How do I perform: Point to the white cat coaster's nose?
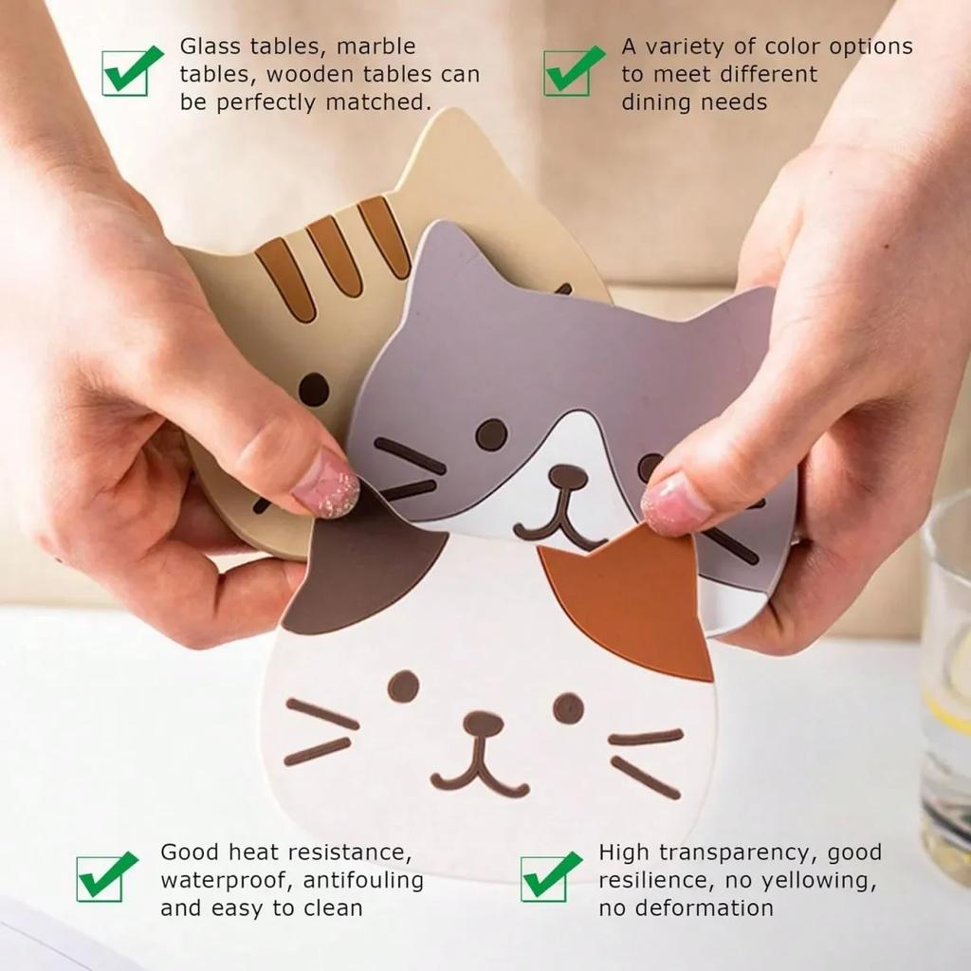[483, 724]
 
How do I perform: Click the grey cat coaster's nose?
[566, 473]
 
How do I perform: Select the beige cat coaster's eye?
[313, 389]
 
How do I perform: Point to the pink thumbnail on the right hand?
[675, 503]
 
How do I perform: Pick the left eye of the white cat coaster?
[403, 687]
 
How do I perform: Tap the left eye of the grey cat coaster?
[490, 434]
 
